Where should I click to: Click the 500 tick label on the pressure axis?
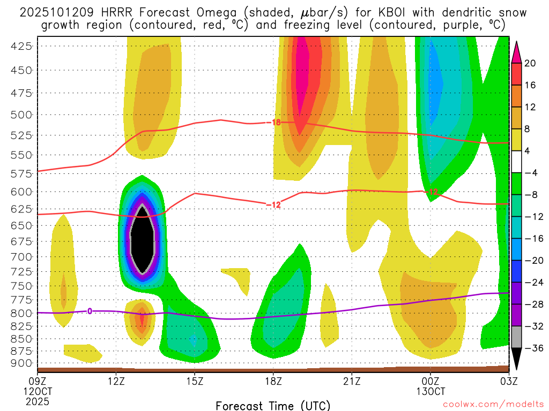tap(21, 115)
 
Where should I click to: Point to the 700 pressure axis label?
tap(21, 257)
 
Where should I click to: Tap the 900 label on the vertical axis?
tap(21, 363)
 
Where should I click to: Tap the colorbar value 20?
tap(530, 63)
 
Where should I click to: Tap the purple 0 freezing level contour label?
tap(90, 311)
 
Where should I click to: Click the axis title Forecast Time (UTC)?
tap(273, 405)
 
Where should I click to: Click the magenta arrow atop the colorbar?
tap(517, 51)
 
